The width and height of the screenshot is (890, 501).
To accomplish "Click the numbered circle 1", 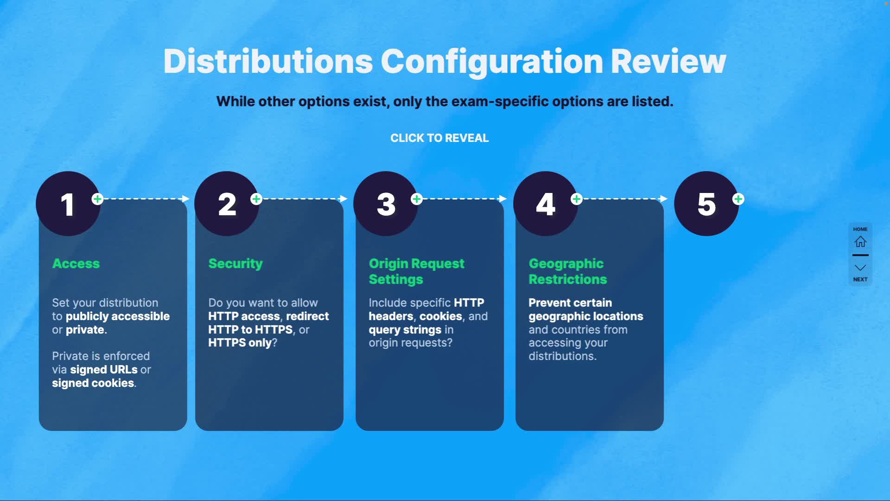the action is click(x=68, y=204).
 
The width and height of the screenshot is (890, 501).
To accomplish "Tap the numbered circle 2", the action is click(x=227, y=204).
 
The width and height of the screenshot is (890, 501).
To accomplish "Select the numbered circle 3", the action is click(x=386, y=204).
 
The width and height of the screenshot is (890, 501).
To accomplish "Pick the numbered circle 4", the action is click(x=546, y=204).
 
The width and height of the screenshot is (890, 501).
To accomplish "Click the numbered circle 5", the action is click(x=706, y=204).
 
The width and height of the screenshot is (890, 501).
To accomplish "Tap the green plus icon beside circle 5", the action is click(x=738, y=199).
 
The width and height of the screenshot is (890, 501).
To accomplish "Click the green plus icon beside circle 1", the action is click(x=97, y=199).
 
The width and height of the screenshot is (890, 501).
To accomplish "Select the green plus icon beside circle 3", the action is click(x=417, y=199).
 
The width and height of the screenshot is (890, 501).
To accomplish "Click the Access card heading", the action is click(x=76, y=263).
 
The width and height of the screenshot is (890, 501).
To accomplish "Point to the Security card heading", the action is click(x=235, y=263).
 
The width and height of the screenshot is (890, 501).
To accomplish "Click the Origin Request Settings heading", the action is click(x=416, y=271).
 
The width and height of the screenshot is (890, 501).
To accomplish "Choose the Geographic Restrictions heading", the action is click(x=568, y=271).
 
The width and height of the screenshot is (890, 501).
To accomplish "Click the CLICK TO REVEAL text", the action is click(x=439, y=138).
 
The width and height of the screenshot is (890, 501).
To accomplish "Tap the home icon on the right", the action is click(x=860, y=242).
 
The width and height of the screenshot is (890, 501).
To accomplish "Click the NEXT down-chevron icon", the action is click(x=860, y=268).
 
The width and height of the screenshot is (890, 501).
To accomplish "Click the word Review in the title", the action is click(x=668, y=61).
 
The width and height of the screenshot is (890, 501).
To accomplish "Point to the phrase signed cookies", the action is click(x=93, y=383).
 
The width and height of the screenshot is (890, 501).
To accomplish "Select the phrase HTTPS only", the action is click(x=240, y=343).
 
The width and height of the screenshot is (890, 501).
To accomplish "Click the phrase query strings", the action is click(x=405, y=330).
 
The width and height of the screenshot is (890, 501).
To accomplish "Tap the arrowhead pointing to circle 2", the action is click(x=185, y=199).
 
